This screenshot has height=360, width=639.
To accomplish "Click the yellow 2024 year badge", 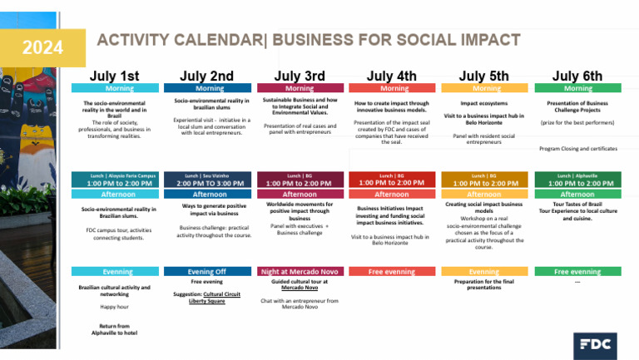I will [x=41, y=47].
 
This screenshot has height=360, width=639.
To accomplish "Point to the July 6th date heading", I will [x=577, y=76].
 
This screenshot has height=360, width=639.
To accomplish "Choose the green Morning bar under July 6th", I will [x=577, y=88].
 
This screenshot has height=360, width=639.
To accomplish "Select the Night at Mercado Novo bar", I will [x=300, y=271].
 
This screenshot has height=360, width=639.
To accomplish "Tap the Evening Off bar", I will [x=207, y=271].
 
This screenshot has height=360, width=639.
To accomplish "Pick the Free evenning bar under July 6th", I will [x=577, y=271].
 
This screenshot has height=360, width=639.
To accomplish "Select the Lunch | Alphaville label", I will [x=577, y=175].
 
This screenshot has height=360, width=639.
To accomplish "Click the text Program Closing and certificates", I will [x=577, y=149].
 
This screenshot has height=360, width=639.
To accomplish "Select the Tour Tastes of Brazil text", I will [x=577, y=204].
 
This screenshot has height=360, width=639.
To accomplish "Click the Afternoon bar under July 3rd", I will [x=300, y=194].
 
